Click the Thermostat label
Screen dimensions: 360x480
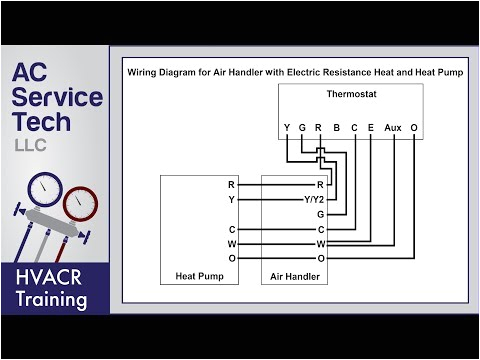tap(348, 95)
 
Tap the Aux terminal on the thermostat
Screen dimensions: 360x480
tap(394, 128)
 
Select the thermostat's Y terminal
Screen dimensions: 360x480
tap(287, 128)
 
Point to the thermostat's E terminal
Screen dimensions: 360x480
tap(370, 128)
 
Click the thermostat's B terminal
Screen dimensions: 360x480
tap(337, 128)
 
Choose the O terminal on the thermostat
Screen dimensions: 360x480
tap(413, 128)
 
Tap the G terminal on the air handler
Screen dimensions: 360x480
tap(320, 214)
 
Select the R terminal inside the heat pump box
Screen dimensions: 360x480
tap(232, 185)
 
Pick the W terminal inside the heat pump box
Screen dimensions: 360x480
tap(231, 243)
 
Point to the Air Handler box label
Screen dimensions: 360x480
tap(294, 274)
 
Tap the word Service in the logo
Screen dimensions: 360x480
tap(57, 98)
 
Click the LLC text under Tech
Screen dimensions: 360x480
tap(30, 146)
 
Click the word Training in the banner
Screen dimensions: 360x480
tap(50, 300)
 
